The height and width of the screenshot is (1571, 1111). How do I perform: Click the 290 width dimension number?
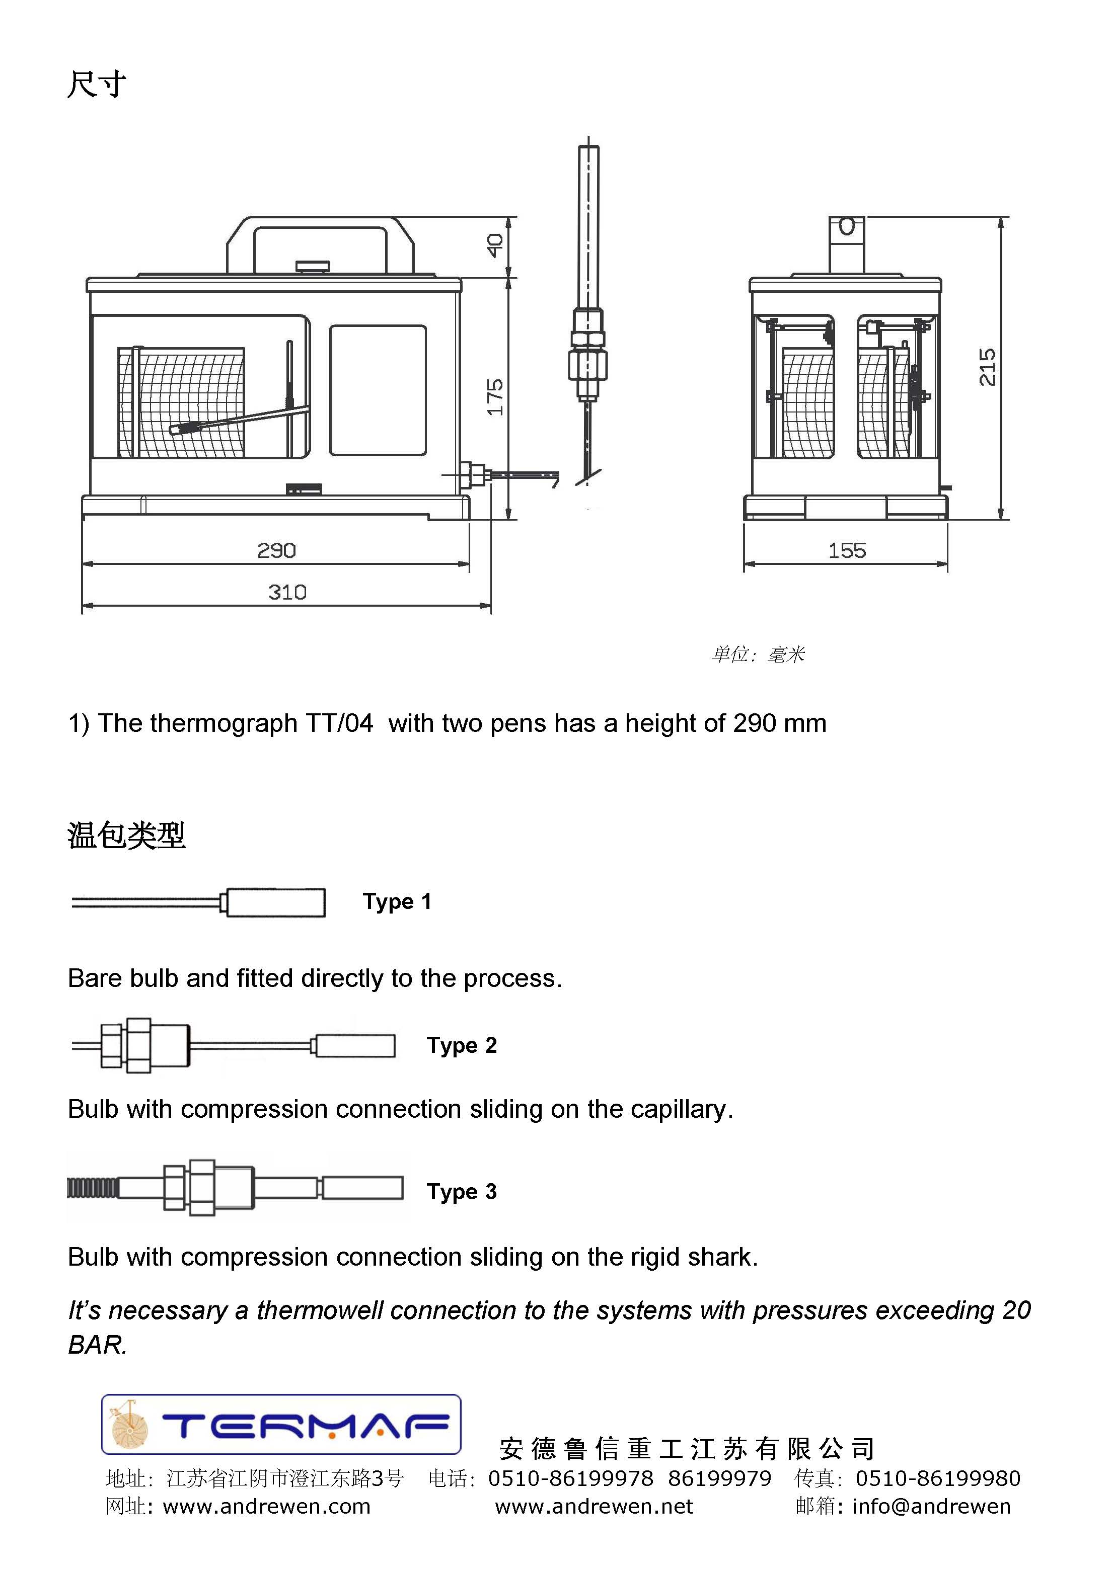(276, 550)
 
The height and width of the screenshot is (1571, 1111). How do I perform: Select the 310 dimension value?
(287, 592)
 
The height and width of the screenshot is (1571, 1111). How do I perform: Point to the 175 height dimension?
(495, 397)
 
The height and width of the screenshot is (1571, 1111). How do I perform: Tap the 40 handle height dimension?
(495, 245)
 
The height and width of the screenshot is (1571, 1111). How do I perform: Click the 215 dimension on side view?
(987, 367)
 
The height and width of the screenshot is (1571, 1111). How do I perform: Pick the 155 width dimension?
(847, 550)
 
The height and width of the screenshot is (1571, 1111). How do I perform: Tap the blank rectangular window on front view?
(378, 390)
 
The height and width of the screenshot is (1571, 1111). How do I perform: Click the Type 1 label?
(397, 902)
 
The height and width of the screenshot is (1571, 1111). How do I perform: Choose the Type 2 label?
(462, 1045)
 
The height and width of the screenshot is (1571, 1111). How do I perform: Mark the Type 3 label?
(462, 1191)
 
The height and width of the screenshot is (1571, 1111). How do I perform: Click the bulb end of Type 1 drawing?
(275, 902)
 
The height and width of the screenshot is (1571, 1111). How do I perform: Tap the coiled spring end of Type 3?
(92, 1187)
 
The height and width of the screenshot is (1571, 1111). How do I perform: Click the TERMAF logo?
(281, 1425)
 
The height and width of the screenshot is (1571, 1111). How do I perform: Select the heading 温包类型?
(127, 835)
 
